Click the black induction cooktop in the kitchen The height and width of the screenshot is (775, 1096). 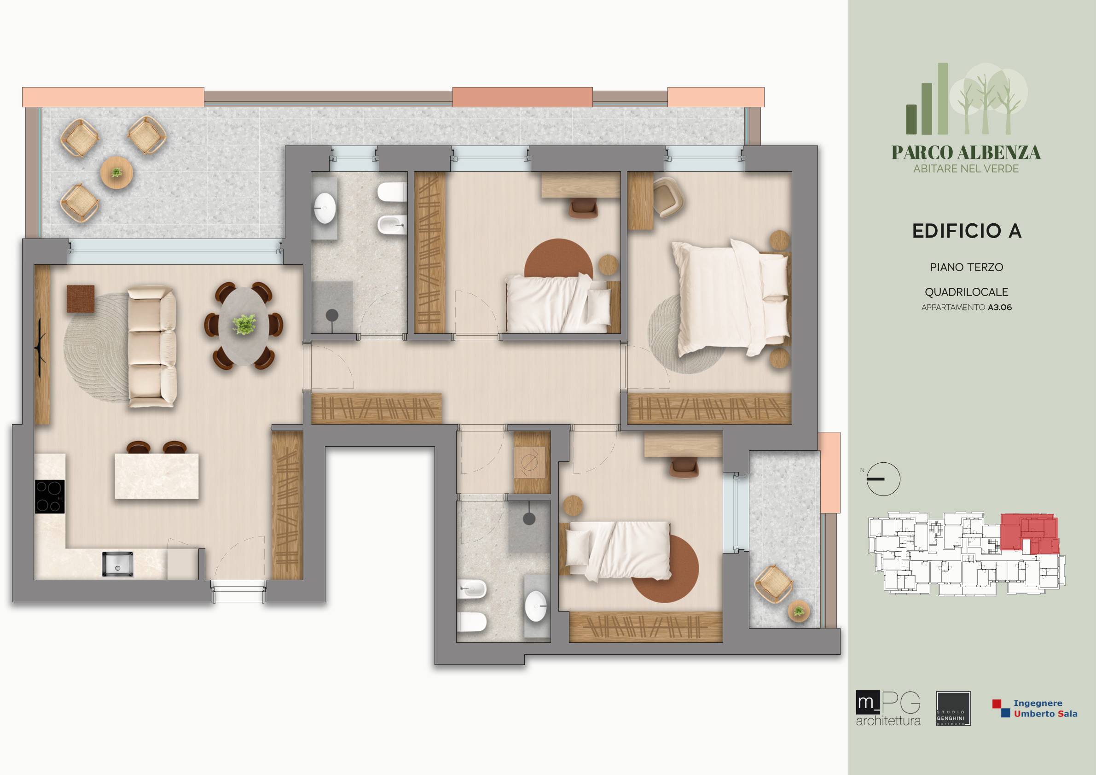point(50,496)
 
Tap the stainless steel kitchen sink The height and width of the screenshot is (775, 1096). point(118,564)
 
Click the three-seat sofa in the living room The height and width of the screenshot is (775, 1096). point(152,347)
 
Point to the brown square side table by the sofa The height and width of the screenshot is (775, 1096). point(80,298)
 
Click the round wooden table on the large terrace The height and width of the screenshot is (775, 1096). point(116,172)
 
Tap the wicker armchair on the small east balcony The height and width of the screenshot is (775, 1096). point(773,584)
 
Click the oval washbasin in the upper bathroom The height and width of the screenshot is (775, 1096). point(325,208)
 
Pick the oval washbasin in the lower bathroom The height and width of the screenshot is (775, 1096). point(536,606)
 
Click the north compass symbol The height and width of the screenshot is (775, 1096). point(883,479)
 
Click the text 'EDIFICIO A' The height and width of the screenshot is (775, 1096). point(967,231)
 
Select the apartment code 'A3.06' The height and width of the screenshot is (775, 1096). point(1000,308)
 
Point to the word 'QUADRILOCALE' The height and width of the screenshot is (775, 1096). point(967,292)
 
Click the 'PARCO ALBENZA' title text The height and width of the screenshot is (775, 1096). point(966,153)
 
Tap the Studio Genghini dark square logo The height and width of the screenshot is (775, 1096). point(954,715)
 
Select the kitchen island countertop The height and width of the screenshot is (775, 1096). point(157,476)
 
